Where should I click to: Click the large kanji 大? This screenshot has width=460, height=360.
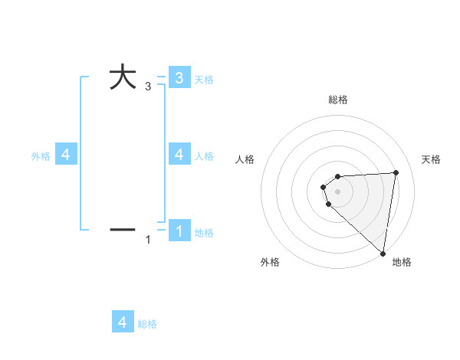click(x=123, y=77)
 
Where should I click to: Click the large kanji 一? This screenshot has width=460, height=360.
click(x=123, y=229)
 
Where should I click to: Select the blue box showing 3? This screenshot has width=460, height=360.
click(x=179, y=77)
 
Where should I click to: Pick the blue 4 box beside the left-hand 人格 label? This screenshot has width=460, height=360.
click(x=179, y=154)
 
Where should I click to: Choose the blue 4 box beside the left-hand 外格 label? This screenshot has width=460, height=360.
click(x=66, y=155)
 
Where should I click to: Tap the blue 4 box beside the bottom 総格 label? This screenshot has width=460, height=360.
click(x=123, y=322)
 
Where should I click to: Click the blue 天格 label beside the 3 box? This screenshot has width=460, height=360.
click(x=204, y=80)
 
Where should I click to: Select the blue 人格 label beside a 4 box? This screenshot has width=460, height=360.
click(x=204, y=156)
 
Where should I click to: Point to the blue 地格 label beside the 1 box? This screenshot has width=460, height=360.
click(x=204, y=233)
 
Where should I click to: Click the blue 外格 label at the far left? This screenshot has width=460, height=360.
click(x=41, y=156)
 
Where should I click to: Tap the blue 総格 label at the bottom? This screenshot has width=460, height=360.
click(x=147, y=324)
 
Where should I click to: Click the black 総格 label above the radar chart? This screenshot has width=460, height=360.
click(x=338, y=100)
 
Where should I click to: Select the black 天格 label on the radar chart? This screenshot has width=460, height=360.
click(x=431, y=159)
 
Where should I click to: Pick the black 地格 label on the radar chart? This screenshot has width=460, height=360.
click(x=402, y=262)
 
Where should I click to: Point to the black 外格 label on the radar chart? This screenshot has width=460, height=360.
click(x=270, y=262)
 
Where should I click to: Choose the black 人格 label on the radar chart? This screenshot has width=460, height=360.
click(x=245, y=159)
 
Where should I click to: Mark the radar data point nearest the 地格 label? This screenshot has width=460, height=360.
click(x=383, y=253)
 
